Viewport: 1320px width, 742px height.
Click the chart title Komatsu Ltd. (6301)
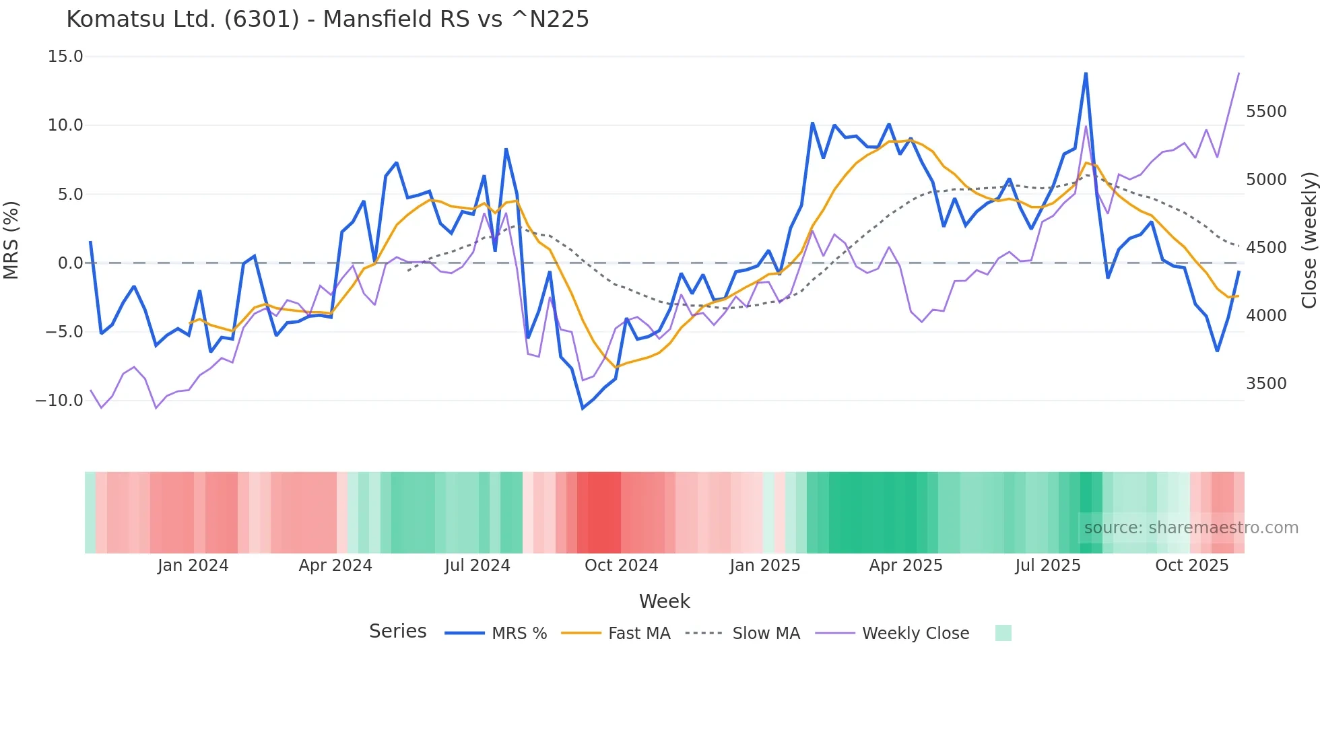pyautogui.click(x=327, y=19)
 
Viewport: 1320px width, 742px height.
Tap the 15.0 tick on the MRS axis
pyautogui.click(x=65, y=57)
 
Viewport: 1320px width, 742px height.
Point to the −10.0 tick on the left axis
pyautogui.click(x=59, y=401)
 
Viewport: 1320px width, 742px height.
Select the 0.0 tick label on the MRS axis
pyautogui.click(x=70, y=263)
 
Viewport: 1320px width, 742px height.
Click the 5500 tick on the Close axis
pyautogui.click(x=1266, y=112)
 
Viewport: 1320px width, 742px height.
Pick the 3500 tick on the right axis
pyautogui.click(x=1266, y=384)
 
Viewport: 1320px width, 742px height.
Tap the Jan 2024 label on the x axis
pyautogui.click(x=193, y=566)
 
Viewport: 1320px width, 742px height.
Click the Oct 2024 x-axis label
pyautogui.click(x=621, y=566)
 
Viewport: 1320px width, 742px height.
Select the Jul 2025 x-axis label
pyautogui.click(x=1048, y=566)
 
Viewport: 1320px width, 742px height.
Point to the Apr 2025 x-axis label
pyautogui.click(x=906, y=566)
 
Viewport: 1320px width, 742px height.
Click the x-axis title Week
pyautogui.click(x=664, y=601)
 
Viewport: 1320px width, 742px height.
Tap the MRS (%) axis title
pyautogui.click(x=11, y=240)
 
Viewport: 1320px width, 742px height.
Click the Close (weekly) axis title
pyautogui.click(x=1309, y=240)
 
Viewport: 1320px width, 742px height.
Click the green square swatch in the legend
pyautogui.click(x=1003, y=633)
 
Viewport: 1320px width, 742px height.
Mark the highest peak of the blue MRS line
pyautogui.click(x=1086, y=73)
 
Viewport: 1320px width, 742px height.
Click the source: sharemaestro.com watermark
pyautogui.click(x=1191, y=528)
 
